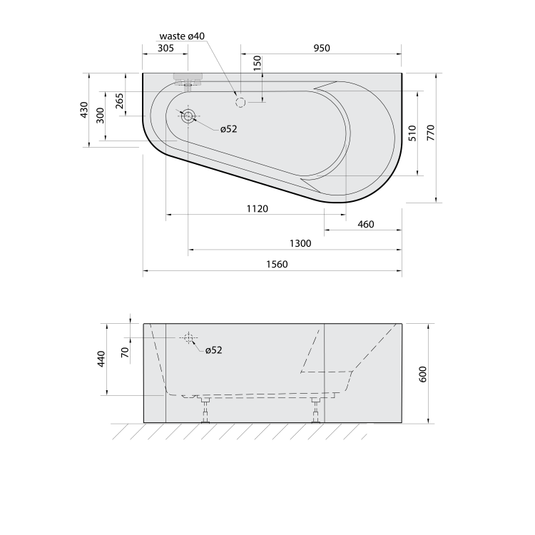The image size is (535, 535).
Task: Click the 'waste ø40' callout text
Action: (182, 36)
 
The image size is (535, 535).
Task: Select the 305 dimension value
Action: (165, 48)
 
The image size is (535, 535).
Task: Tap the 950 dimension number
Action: (322, 48)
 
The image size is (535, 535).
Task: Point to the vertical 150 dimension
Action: (258, 63)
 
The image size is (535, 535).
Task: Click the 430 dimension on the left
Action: (84, 110)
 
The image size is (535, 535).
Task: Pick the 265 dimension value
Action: (119, 101)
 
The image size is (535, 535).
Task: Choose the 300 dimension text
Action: (101, 116)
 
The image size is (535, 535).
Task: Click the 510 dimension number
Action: (412, 133)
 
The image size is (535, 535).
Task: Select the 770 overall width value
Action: (431, 133)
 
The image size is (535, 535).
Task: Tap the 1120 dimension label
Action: (258, 208)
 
